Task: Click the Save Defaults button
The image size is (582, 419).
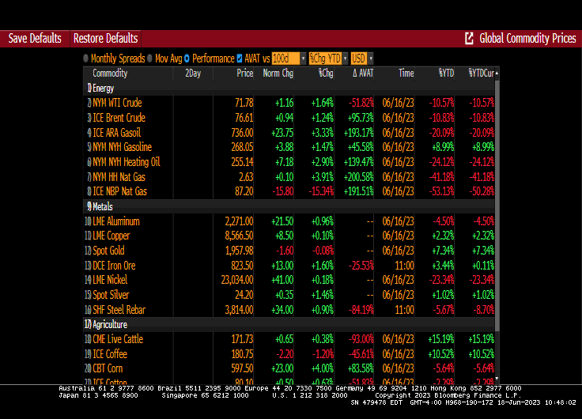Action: coord(35,38)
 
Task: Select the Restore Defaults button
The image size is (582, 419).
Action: coord(105,38)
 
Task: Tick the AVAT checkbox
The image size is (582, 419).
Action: coord(240,59)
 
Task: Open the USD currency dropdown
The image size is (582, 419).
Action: coord(361,59)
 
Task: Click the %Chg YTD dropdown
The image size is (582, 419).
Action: coord(327,59)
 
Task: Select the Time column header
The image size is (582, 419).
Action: coord(406,74)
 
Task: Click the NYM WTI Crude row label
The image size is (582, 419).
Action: coord(117,103)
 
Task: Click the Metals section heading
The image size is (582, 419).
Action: coord(103,206)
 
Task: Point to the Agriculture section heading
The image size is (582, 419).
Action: coord(110,324)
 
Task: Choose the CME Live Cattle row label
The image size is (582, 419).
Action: coord(118,339)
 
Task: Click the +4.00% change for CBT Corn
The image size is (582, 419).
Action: coord(320,368)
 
